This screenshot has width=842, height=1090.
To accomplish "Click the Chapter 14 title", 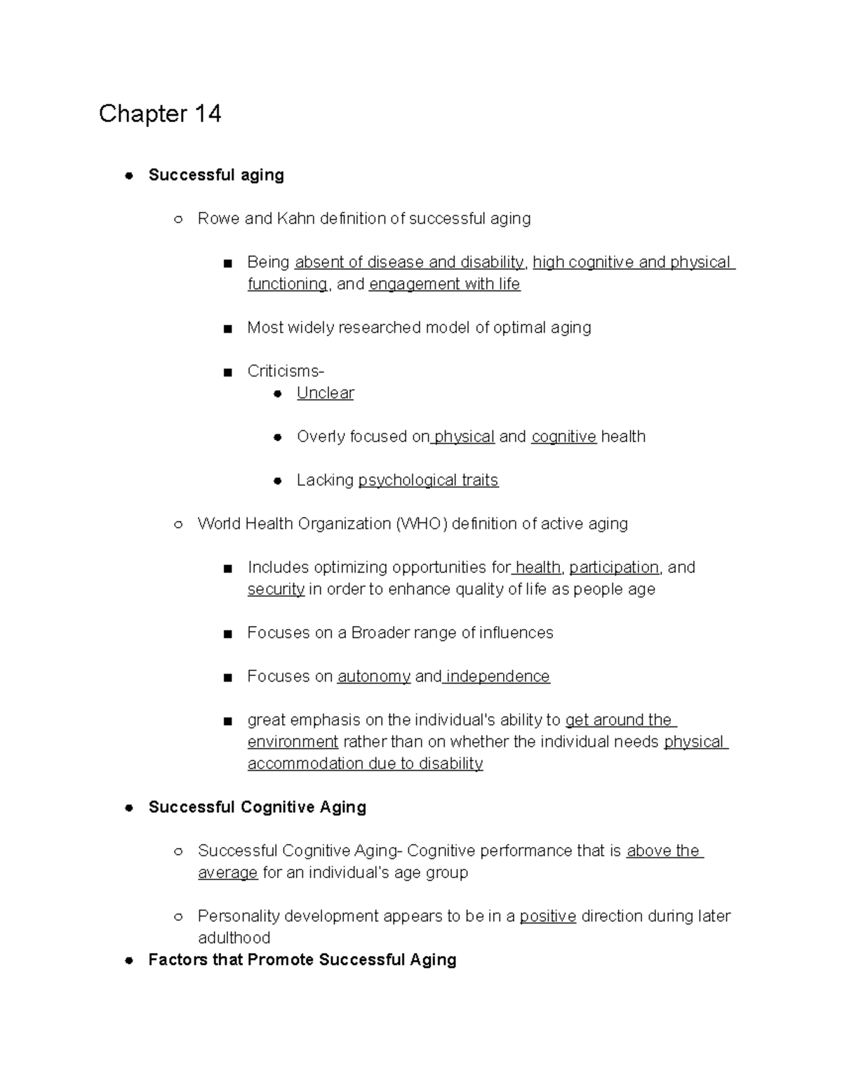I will click(160, 114).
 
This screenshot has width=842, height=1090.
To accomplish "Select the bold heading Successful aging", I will click(216, 175).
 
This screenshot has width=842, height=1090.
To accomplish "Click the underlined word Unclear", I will click(325, 393).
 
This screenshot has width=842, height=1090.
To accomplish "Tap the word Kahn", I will click(295, 218).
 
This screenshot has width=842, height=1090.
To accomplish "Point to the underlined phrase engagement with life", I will click(444, 284).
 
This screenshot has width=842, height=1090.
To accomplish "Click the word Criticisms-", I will click(286, 371).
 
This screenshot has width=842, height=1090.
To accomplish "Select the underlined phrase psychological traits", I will click(428, 480).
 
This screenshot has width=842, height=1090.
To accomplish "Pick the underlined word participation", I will click(614, 567).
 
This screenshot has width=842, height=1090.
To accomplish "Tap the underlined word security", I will click(276, 589).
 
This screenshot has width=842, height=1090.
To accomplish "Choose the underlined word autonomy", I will click(374, 676).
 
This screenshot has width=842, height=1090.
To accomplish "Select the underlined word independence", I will click(497, 676).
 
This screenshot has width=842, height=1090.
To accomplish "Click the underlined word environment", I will click(293, 742).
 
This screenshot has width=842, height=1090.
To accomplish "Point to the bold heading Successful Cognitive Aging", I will click(257, 807).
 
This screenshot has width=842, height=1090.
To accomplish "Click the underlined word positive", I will click(548, 916).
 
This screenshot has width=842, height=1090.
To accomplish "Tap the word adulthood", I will click(234, 938).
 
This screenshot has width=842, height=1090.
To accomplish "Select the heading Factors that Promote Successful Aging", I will click(302, 959).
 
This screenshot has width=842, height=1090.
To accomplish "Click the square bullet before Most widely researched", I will click(227, 328).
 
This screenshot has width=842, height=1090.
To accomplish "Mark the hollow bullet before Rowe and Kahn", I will click(178, 219).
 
